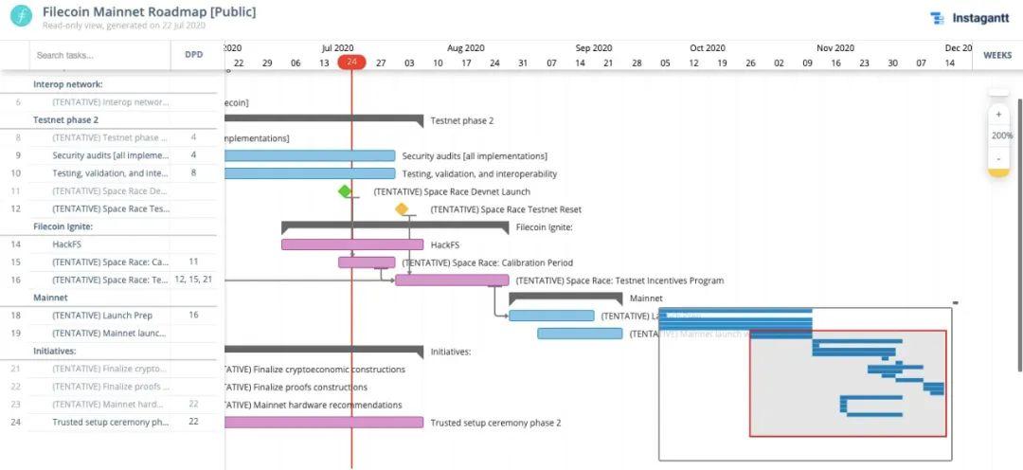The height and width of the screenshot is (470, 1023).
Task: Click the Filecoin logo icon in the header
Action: click(x=21, y=17)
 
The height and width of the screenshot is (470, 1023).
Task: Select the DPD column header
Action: click(x=193, y=55)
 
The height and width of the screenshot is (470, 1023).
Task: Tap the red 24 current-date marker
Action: click(x=351, y=63)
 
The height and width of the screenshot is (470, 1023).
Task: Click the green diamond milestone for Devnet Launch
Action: click(x=345, y=191)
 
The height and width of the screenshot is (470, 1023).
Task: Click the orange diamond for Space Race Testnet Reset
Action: click(x=402, y=209)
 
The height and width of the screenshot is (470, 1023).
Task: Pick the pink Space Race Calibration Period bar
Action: click(x=367, y=262)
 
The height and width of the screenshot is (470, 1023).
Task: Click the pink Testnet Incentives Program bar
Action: click(x=452, y=280)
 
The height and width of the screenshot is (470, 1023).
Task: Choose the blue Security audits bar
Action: click(x=310, y=155)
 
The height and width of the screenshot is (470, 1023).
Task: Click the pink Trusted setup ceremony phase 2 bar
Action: click(x=323, y=423)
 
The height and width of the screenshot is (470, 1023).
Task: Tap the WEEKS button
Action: click(x=997, y=55)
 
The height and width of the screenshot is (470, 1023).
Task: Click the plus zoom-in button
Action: click(x=998, y=115)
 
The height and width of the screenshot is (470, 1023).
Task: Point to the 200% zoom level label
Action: click(x=1002, y=136)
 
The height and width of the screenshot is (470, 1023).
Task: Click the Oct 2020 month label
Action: click(x=708, y=47)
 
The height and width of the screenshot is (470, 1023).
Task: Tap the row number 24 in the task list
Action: click(x=16, y=423)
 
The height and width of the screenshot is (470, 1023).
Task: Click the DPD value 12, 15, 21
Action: click(x=193, y=280)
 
